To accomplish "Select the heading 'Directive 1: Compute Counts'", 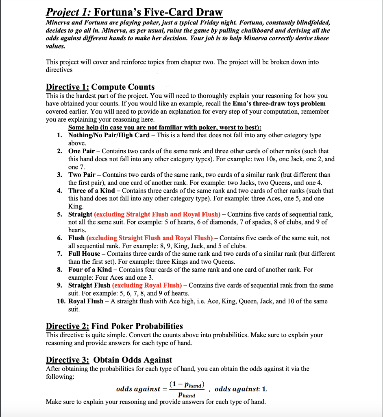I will (x=100, y=87).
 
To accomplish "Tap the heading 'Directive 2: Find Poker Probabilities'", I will (x=114, y=326).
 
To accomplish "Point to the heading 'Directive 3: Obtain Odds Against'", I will (x=109, y=360).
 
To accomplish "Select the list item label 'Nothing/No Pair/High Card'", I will (x=109, y=135).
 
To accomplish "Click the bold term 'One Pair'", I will (x=81, y=151).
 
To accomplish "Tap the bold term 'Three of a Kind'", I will (x=91, y=191).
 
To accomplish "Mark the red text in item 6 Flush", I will (x=149, y=238).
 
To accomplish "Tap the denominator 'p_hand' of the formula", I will (x=187, y=395).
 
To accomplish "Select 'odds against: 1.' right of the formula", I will (x=241, y=389).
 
